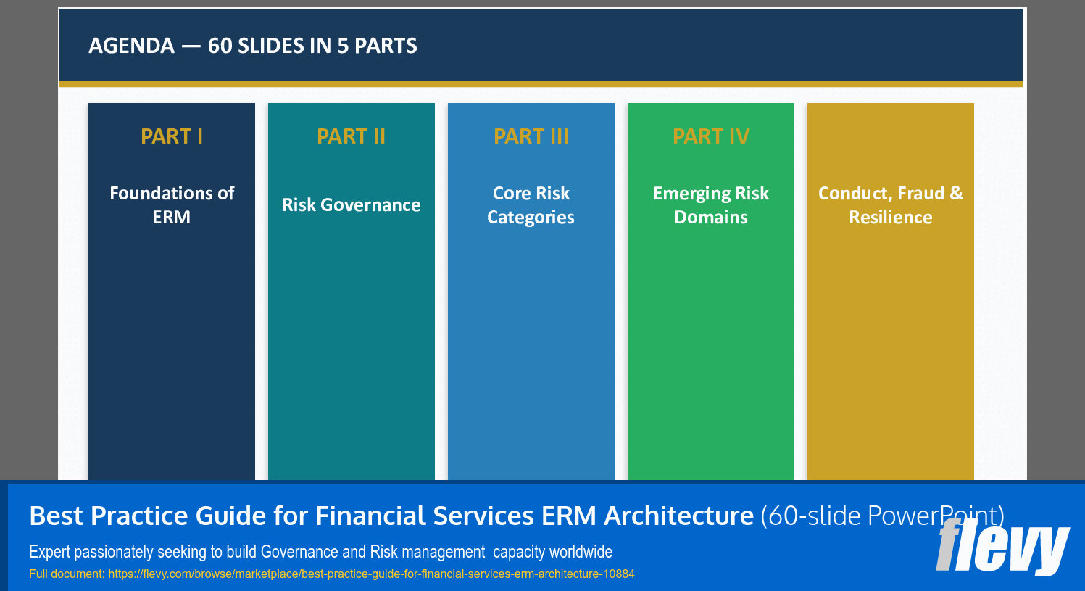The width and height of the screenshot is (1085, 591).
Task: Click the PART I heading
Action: pos(172,136)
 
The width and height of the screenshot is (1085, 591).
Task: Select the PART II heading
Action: pos(352,136)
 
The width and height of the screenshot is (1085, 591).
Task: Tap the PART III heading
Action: pos(531,136)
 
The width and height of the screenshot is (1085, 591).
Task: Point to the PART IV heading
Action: pos(711,136)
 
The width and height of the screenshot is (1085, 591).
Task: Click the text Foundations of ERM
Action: pos(172,205)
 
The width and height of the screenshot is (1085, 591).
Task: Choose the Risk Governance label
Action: pos(352,205)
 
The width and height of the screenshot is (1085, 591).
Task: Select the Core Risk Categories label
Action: pos(531,205)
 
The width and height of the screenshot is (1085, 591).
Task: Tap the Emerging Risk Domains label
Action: pos(711,205)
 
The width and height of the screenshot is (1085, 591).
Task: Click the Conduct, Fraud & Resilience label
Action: pos(891,205)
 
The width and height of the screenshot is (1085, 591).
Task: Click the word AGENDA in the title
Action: pos(131,46)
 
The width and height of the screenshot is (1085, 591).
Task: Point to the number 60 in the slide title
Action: pos(220,46)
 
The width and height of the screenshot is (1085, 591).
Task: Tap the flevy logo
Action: pos(1002,546)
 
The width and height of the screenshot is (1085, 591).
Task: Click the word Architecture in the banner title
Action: pos(678,516)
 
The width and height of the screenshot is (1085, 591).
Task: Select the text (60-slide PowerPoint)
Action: pos(881,516)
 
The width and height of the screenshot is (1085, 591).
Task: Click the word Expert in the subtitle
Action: pos(49,552)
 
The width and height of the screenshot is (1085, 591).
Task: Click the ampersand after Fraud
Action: pos(957,194)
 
